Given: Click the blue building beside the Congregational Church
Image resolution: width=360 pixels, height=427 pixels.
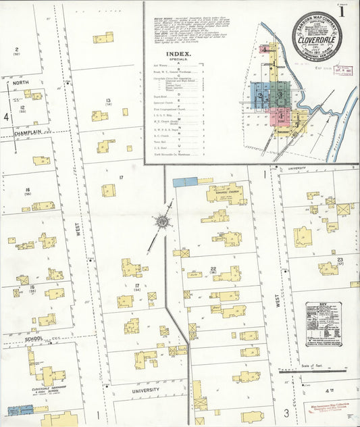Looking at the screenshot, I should [x=184, y=182].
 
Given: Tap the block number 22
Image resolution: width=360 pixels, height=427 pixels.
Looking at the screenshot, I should [x=213, y=269].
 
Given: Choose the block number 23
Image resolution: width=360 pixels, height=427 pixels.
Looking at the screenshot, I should [x=340, y=260].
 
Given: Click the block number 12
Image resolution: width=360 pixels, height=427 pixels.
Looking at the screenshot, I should [x=22, y=108].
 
